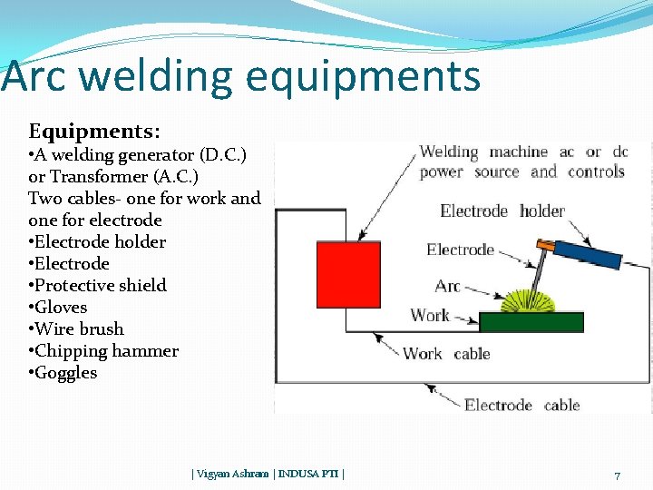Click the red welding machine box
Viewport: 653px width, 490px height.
(347, 275)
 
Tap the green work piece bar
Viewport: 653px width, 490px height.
(531, 322)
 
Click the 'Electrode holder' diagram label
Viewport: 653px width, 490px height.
(502, 211)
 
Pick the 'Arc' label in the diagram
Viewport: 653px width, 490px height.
(447, 286)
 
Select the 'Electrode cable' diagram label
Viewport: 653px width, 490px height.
(521, 405)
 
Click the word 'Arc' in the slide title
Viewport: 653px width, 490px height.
(34, 76)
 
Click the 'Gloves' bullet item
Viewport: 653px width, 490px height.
(61, 308)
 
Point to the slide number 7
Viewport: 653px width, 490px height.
(617, 475)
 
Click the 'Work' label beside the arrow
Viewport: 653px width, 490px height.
(430, 316)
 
